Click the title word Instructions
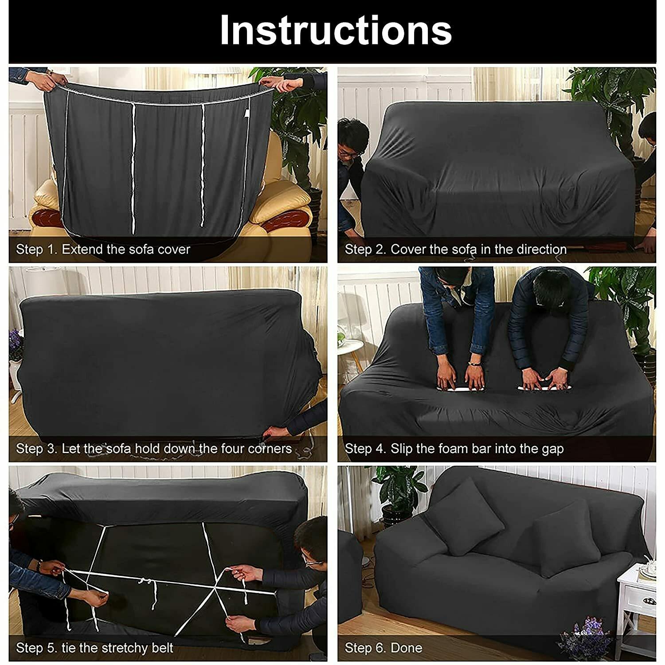click(336, 30)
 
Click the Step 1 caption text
click(103, 249)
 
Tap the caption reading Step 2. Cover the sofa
click(456, 249)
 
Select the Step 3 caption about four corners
click(154, 449)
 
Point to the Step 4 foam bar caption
click(454, 449)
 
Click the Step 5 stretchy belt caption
click(94, 648)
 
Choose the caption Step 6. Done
click(383, 648)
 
